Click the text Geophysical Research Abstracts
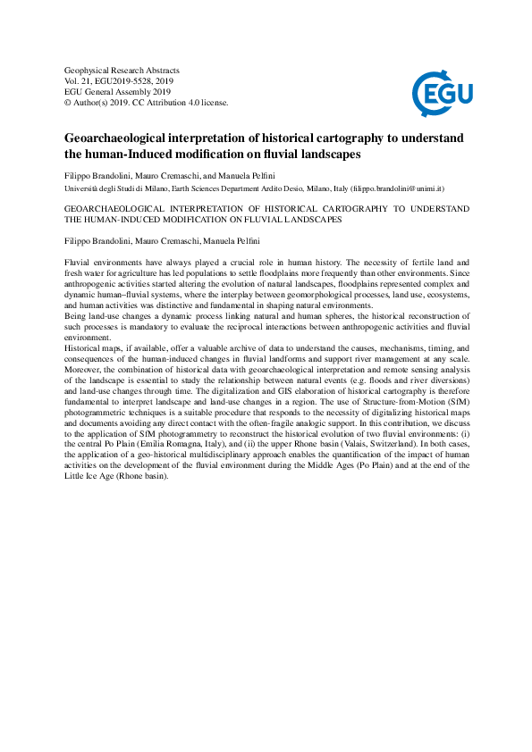tap(122, 70)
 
